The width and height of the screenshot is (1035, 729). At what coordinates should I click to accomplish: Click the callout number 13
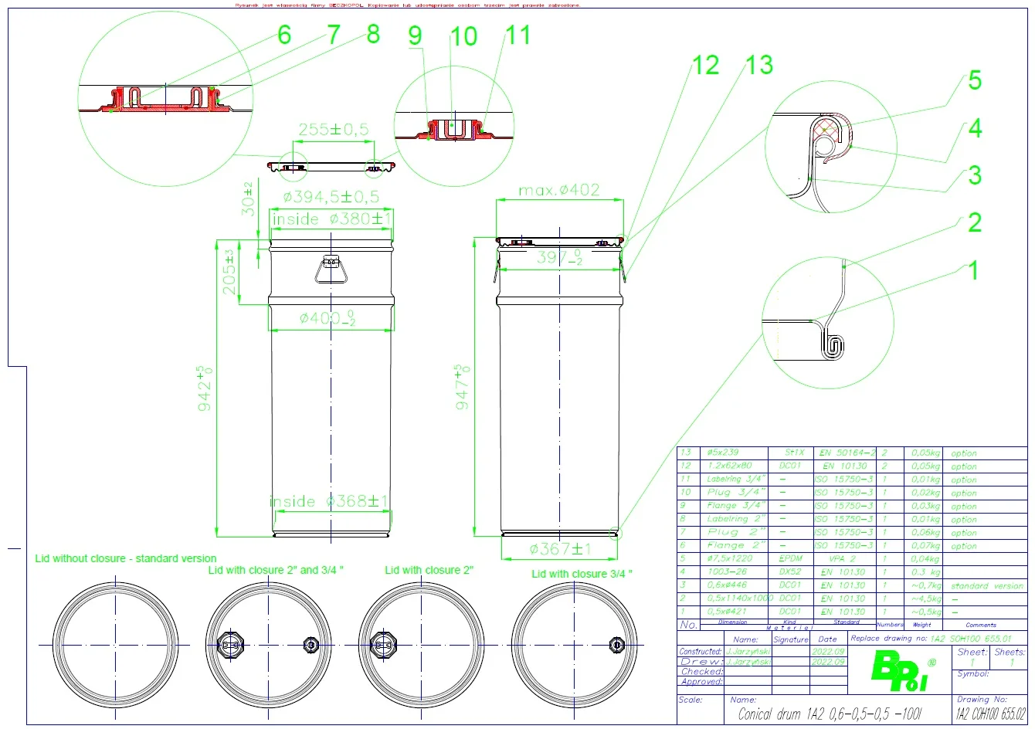click(759, 65)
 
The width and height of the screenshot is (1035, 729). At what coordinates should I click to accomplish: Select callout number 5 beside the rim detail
click(975, 80)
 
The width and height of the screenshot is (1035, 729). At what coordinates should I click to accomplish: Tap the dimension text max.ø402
click(559, 190)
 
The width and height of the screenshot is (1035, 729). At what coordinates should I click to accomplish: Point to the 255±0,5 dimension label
click(334, 130)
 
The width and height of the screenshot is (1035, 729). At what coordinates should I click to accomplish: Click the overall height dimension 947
click(463, 386)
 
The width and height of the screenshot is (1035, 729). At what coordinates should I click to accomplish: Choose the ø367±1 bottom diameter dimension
click(560, 549)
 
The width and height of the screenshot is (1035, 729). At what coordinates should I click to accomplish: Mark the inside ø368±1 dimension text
click(330, 501)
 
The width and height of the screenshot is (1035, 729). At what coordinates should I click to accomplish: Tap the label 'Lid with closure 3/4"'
click(582, 574)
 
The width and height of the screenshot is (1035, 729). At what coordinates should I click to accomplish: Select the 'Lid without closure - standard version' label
click(126, 558)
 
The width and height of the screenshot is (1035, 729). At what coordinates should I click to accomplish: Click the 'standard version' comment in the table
click(986, 586)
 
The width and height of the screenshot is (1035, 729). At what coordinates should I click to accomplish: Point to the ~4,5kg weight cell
click(925, 598)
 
